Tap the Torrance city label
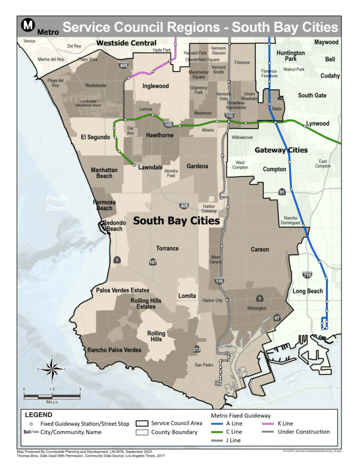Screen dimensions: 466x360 click(167, 248)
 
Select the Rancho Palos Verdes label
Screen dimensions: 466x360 click(114, 350)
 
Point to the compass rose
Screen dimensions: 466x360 click(52, 369)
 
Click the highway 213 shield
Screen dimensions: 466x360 click(197, 349)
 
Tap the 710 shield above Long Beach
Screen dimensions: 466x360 click(307, 275)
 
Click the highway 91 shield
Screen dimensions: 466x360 click(282, 191)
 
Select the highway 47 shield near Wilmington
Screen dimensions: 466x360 click(276, 317)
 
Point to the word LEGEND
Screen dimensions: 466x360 click(39, 415)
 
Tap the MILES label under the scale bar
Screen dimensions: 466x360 click(52, 402)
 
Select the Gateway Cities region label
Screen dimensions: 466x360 click(281, 149)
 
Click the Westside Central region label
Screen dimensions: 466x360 click(126, 43)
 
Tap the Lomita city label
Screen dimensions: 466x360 click(187, 295)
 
